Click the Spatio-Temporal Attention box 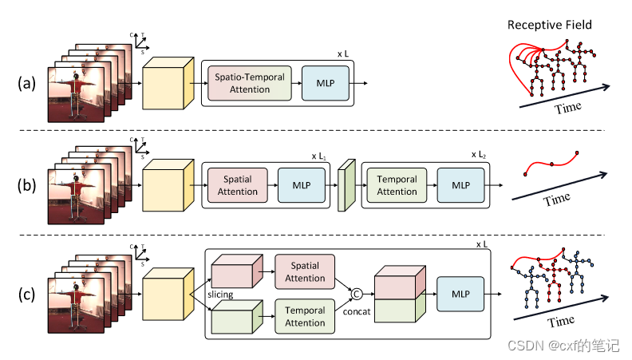click(250, 84)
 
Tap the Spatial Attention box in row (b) click(237, 185)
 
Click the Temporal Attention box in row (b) click(397, 185)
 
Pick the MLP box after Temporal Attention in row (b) click(460, 185)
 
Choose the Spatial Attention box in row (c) click(305, 272)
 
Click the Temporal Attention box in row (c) click(305, 317)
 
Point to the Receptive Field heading click(550, 25)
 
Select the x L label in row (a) click(344, 53)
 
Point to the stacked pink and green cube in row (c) click(397, 295)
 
